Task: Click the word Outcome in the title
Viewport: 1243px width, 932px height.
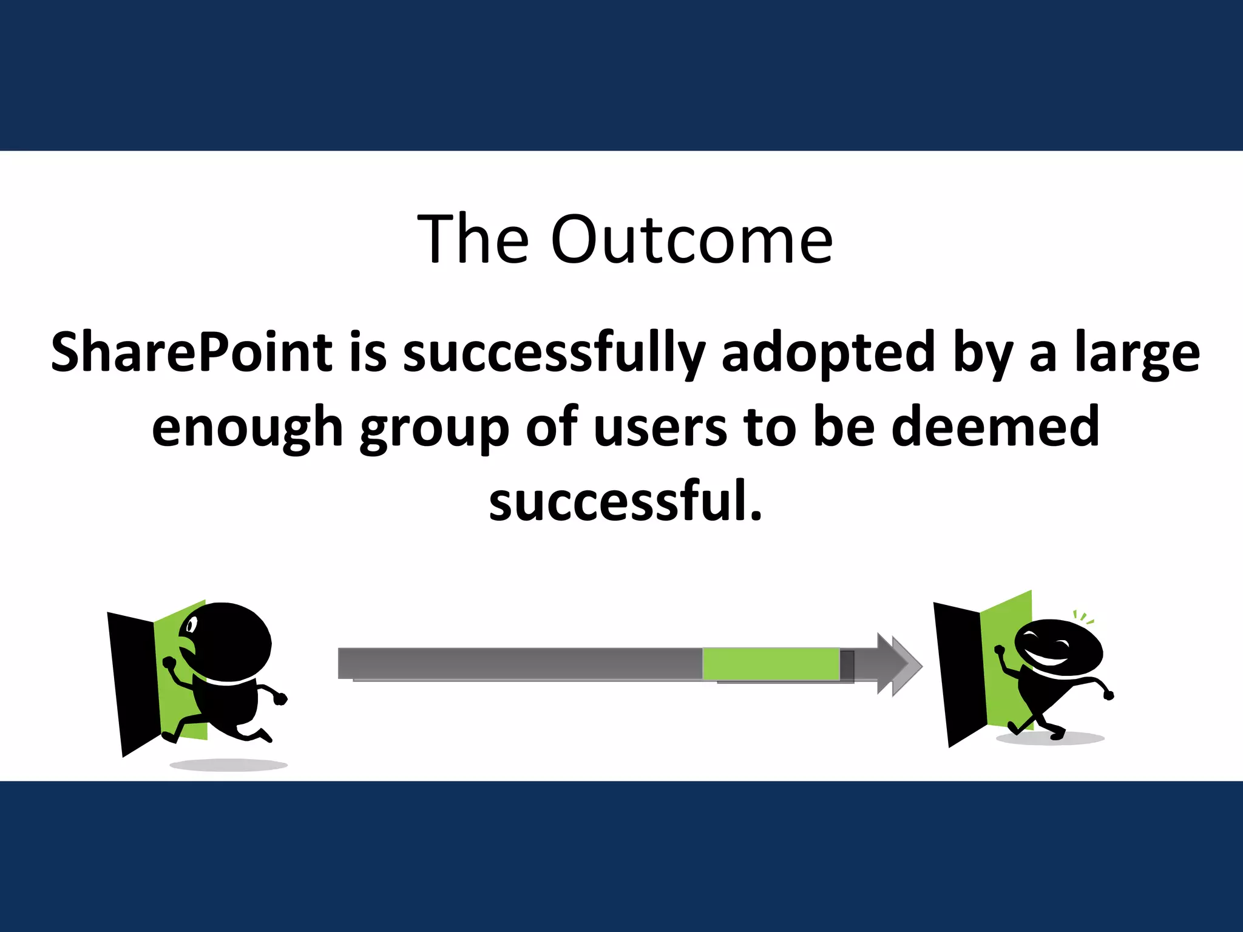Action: pyautogui.click(x=691, y=240)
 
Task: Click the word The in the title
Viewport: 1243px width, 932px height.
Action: pyautogui.click(x=473, y=240)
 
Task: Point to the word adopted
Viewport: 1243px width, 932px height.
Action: pyautogui.click(x=828, y=353)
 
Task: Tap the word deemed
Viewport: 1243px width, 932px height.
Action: pyautogui.click(x=995, y=426)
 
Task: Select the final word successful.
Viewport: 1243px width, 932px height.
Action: pyautogui.click(x=625, y=501)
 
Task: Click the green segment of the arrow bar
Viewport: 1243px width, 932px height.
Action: pyautogui.click(x=771, y=664)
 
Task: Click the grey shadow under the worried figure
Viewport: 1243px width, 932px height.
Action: pyautogui.click(x=228, y=765)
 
